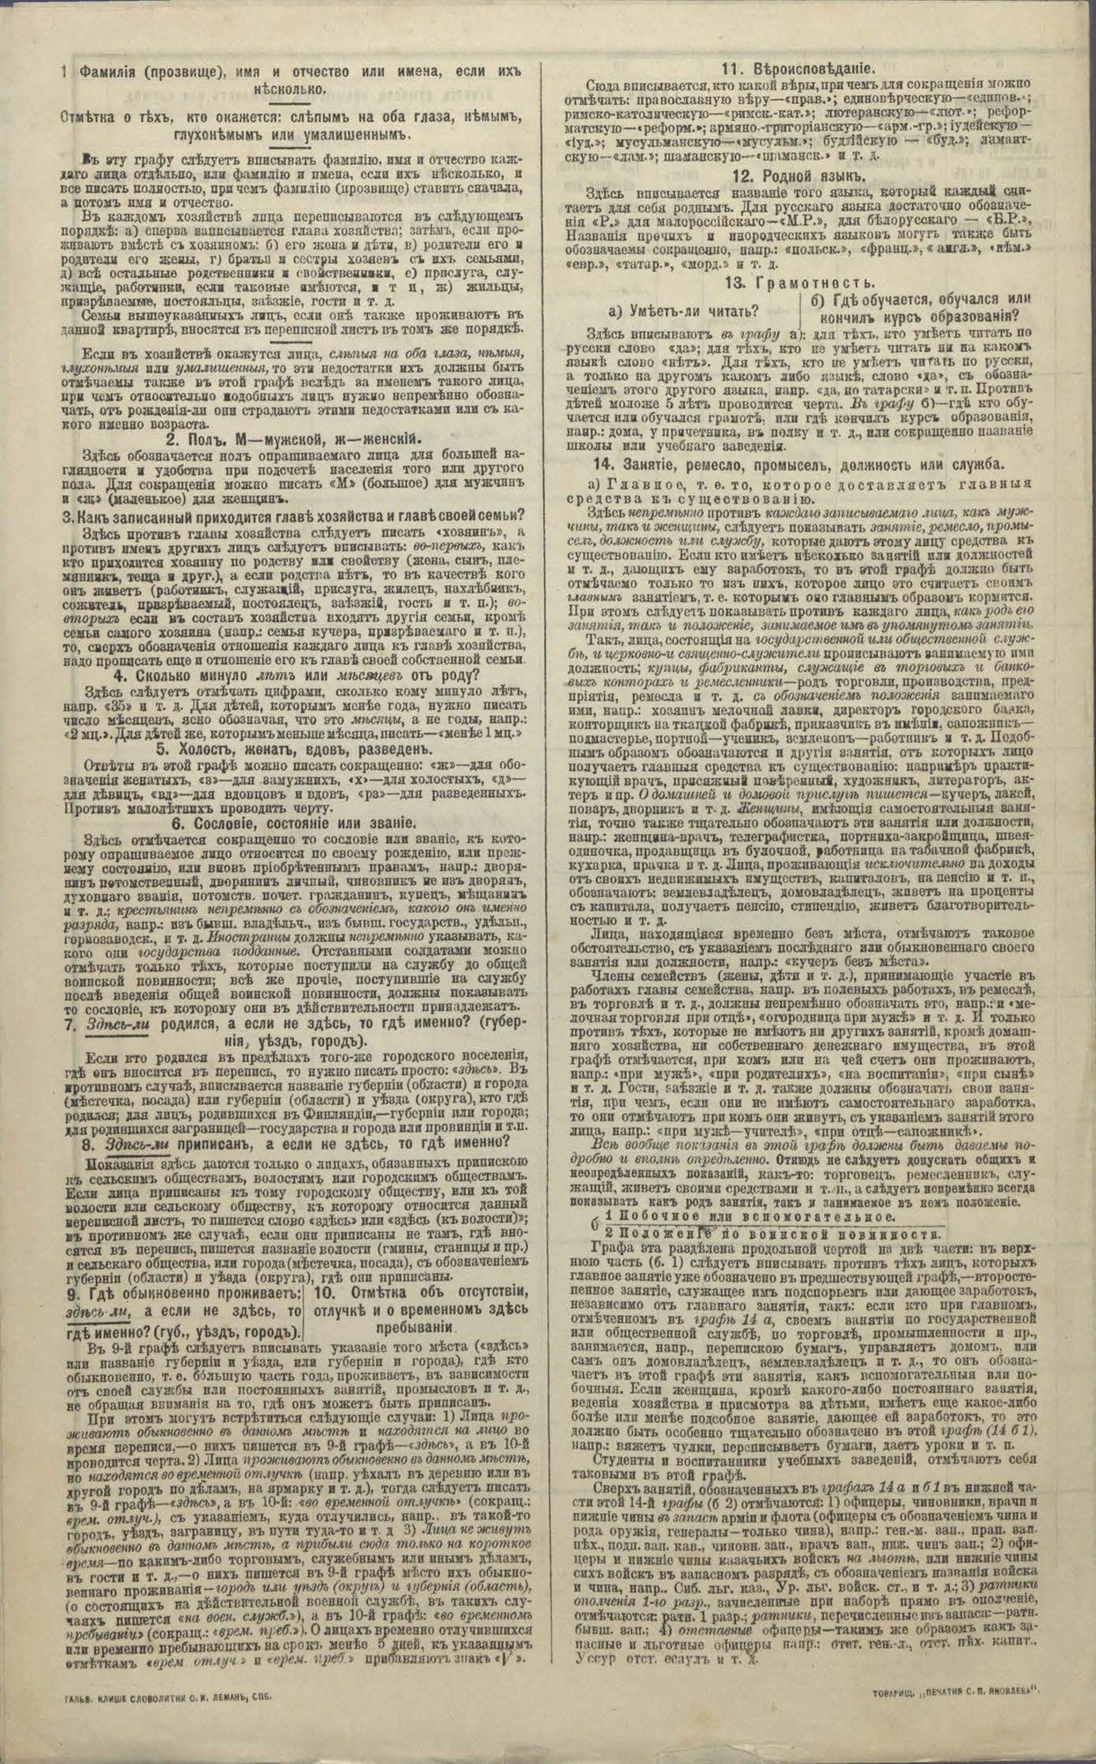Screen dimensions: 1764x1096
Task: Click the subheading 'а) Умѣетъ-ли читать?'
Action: tap(683, 311)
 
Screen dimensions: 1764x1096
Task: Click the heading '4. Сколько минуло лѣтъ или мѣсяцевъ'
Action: tap(293, 677)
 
